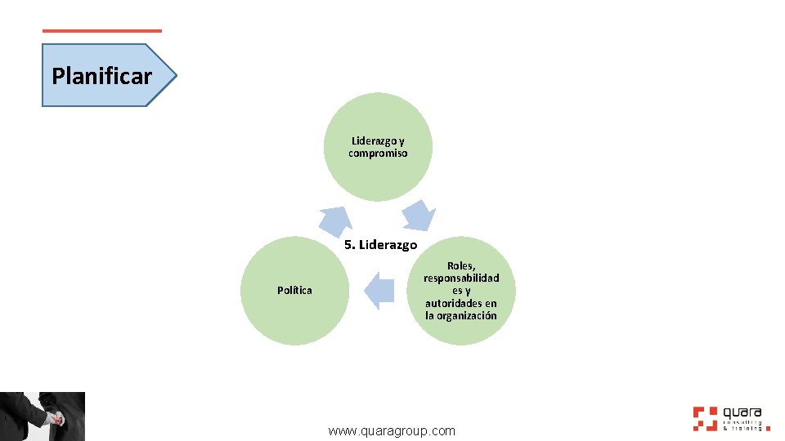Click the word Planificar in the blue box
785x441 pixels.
point(101,77)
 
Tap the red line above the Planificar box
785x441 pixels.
point(101,31)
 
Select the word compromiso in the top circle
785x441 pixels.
point(378,153)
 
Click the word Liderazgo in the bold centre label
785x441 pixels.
point(388,245)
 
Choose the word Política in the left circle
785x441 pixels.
point(294,291)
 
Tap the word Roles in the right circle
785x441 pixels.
point(461,265)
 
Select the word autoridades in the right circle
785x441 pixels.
point(461,303)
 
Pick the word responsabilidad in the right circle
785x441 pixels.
point(461,278)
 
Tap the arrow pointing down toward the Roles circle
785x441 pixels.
point(419,216)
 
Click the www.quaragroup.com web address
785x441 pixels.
point(392,430)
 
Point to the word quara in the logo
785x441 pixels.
point(742,412)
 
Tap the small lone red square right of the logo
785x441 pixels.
point(768,427)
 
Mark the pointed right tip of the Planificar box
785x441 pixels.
point(175,76)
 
